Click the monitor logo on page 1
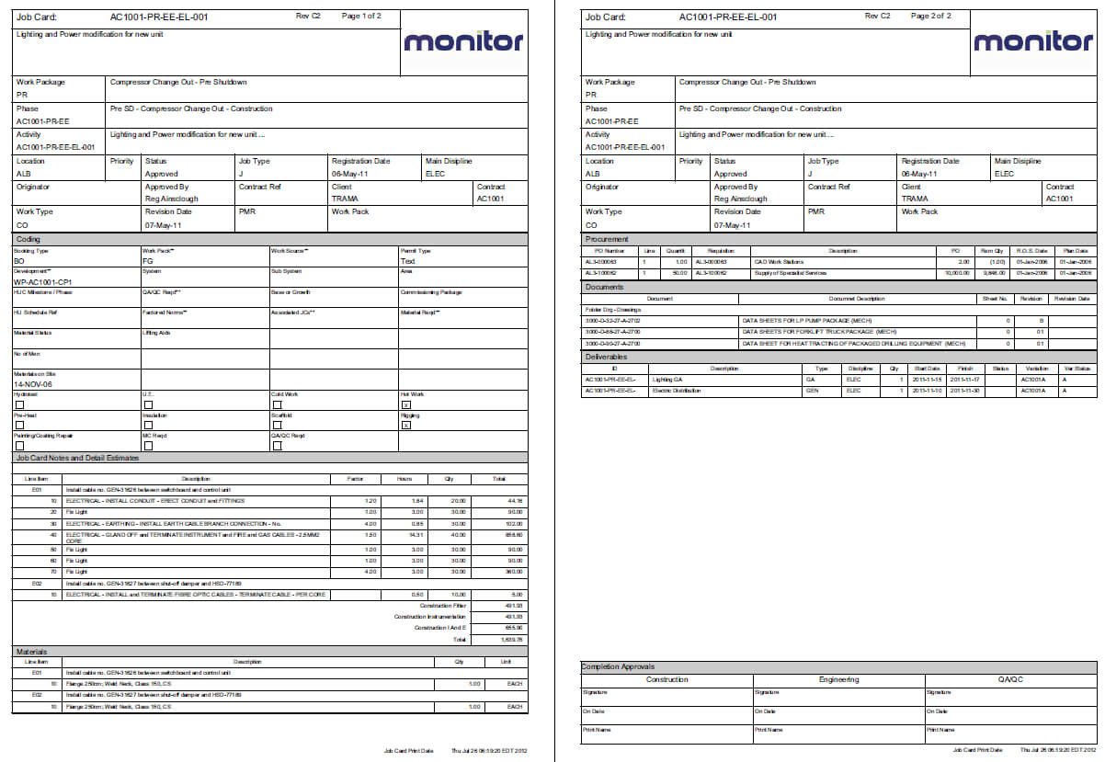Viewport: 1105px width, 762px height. tap(463, 41)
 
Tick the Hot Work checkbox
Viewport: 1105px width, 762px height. tap(405, 404)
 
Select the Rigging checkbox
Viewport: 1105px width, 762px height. tap(405, 425)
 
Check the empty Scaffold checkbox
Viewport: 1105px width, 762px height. tap(277, 425)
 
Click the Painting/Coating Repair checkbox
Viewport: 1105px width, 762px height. tap(19, 446)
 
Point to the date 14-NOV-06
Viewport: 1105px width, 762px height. tap(34, 385)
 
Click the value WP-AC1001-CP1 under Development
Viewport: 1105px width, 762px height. tap(43, 282)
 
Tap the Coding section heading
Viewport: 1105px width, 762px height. tap(28, 239)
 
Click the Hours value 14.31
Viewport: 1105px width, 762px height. tap(416, 534)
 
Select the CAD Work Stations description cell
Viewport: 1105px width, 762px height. tap(778, 261)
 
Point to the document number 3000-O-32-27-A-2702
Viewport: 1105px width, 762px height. tap(614, 321)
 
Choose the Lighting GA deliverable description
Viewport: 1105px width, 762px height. tap(667, 379)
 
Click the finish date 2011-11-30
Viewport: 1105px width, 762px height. tap(963, 391)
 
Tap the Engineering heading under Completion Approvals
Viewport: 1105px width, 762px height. tap(838, 679)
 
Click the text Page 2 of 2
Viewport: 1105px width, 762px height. tap(930, 16)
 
